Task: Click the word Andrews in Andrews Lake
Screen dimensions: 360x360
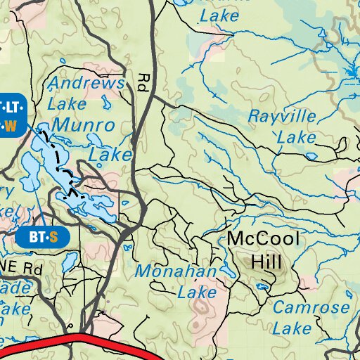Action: (85, 83)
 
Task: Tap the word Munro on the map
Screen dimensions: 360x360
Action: (86, 127)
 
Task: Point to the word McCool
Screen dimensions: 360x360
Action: (263, 240)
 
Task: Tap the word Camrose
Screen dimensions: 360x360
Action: (310, 307)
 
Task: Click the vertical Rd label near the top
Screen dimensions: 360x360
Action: (145, 85)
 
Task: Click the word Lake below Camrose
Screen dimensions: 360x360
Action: (291, 328)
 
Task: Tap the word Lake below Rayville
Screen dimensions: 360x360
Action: (296, 137)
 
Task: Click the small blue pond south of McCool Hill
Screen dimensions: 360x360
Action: (263, 286)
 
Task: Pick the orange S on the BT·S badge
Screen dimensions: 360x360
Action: (53, 237)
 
